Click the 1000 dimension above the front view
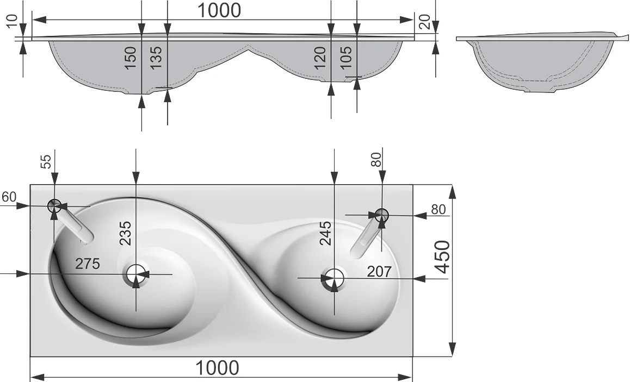coord(219,10)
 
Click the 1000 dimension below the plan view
coord(218,367)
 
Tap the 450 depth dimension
coord(442,257)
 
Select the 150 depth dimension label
coord(131,58)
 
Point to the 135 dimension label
coord(156,57)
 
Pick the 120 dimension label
coord(320,58)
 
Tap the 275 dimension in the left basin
coord(88,264)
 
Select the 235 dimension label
coord(125,233)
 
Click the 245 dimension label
coord(325,233)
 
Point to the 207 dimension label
coord(379,272)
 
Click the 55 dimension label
coord(47,161)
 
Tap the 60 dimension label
coord(9,197)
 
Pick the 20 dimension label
coord(424,21)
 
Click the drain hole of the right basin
coord(333,278)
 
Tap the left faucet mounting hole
coord(54,206)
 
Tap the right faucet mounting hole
coord(382,215)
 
